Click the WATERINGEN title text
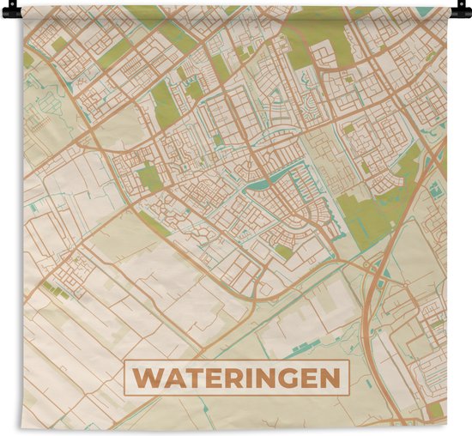point(238,378)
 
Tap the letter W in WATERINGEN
point(147,378)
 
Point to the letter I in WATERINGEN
point(255,378)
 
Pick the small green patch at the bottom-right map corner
point(436,410)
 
